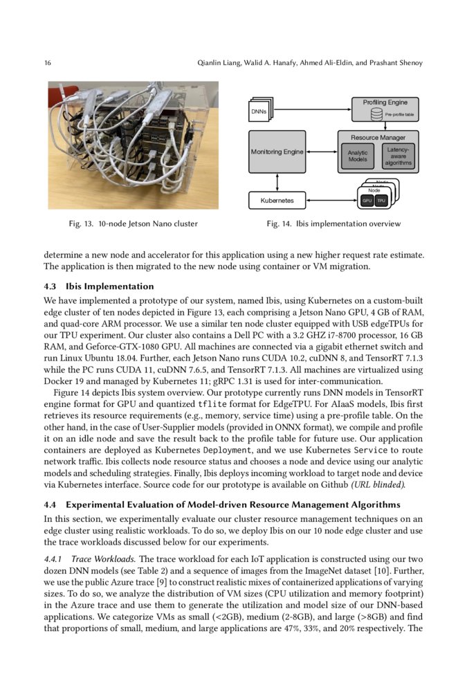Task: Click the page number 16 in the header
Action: point(48,64)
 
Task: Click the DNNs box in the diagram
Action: point(259,111)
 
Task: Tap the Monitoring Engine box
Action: point(277,152)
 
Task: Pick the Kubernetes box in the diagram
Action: point(277,201)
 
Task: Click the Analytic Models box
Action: point(358,156)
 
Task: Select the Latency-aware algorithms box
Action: point(398,156)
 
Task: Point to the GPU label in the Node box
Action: point(367,201)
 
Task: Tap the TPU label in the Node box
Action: point(381,201)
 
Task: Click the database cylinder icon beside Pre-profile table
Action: point(376,113)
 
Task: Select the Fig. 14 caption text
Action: point(333,224)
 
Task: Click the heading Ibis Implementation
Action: point(109,286)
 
